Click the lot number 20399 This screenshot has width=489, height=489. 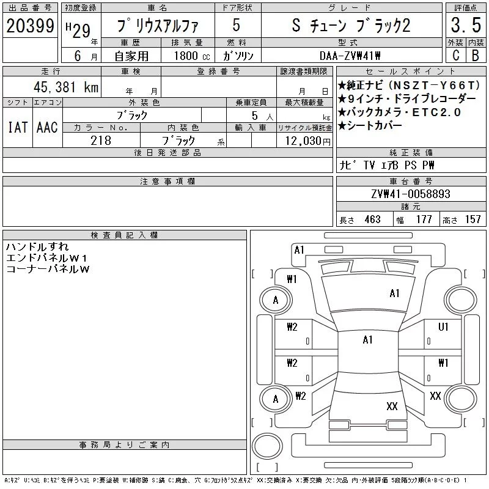[30, 26]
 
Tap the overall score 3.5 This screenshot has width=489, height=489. [466, 25]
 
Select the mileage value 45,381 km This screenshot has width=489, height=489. [66, 87]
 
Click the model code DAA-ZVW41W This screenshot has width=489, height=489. [350, 56]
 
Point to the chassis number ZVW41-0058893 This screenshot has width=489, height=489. [411, 194]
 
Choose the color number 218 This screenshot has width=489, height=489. [101, 141]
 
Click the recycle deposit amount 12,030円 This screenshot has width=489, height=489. [308, 141]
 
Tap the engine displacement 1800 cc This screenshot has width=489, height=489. [192, 56]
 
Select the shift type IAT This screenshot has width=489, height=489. [18, 127]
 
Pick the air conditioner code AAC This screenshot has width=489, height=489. [48, 127]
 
